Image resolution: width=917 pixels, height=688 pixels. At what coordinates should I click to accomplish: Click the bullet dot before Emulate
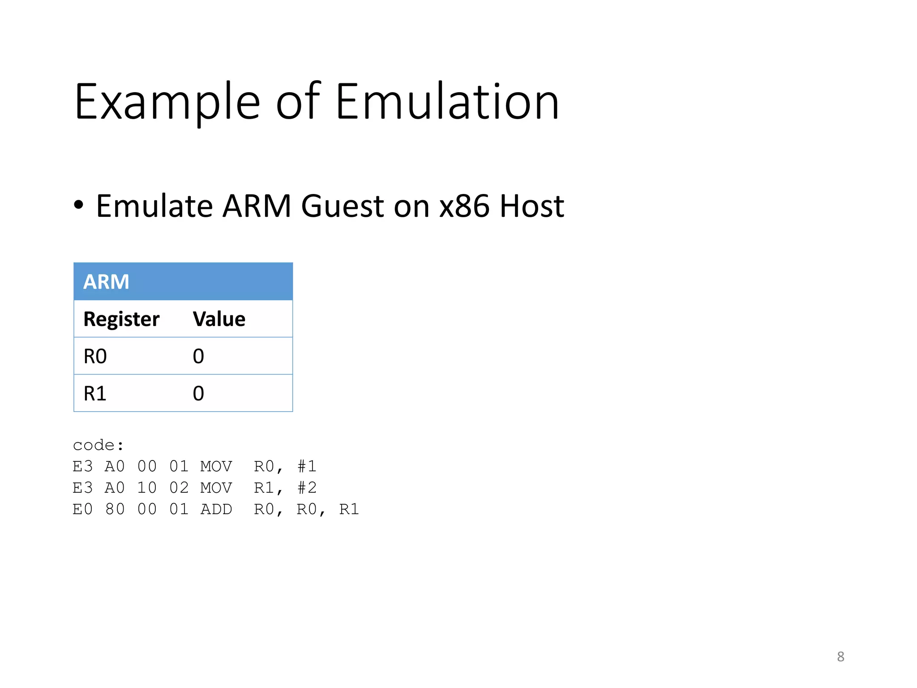coord(79,205)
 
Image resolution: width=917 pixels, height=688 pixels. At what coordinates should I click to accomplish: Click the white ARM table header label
coord(106,282)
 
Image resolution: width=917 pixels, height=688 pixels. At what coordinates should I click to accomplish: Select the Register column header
coord(121,319)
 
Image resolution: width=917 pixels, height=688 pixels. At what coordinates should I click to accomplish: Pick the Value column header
coord(219,319)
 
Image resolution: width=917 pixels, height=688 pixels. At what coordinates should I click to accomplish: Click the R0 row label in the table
coord(95,357)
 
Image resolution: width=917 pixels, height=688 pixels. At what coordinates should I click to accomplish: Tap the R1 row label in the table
coord(95,394)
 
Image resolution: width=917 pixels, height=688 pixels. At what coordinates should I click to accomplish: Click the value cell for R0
coord(198,357)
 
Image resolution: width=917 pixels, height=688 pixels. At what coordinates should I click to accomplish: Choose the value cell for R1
coord(198,394)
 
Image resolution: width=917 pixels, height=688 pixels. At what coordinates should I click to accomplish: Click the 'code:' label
coord(98,445)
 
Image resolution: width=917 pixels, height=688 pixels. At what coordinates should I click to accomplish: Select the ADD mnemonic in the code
coord(216,509)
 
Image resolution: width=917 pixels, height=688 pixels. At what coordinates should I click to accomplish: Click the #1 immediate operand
coord(307,467)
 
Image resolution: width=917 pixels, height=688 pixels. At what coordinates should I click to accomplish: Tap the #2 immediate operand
coord(307,488)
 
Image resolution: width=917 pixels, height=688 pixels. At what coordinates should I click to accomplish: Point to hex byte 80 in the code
coord(115,509)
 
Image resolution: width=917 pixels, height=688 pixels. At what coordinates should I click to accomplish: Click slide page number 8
coord(840,657)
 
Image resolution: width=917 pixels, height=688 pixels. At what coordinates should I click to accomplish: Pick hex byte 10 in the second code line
coord(147,488)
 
